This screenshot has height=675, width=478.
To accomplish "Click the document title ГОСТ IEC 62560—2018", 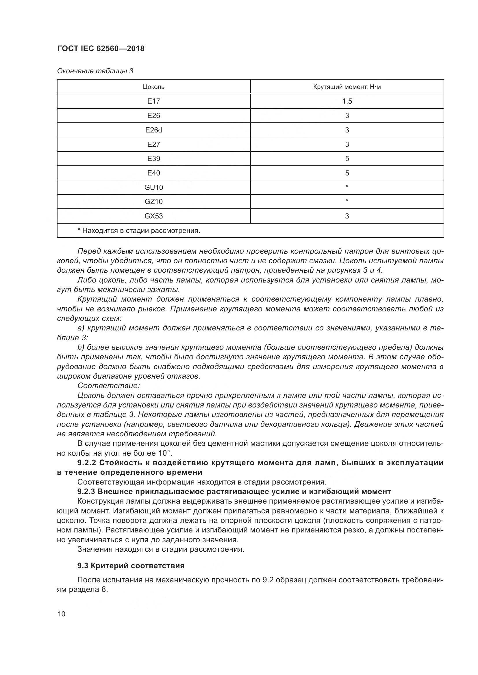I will [101, 48].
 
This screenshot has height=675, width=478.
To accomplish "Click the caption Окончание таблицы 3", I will [95, 71].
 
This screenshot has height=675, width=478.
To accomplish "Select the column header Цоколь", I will [153, 87].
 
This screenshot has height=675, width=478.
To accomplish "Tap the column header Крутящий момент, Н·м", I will [347, 87].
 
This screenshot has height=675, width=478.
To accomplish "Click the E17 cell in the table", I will [153, 101].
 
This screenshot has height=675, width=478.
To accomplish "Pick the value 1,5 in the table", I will [347, 101].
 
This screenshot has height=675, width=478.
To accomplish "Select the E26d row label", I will [153, 130].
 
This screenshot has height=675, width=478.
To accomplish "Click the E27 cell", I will [153, 144].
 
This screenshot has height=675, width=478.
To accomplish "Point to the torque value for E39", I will [347, 159].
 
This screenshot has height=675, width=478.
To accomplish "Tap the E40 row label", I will [153, 173].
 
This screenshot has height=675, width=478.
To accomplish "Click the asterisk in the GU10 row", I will [347, 186].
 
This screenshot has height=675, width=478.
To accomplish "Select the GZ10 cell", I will [153, 202].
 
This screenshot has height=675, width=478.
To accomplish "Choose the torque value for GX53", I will [347, 216].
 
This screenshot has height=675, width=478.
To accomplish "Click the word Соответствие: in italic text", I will [108, 386].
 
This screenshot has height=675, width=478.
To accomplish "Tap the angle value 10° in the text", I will [164, 453].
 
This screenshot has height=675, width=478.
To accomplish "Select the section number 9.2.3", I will [86, 491].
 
